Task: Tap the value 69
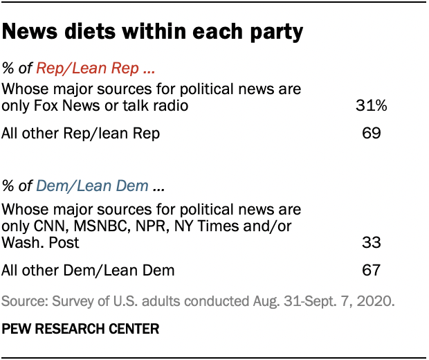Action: click(371, 132)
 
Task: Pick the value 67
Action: click(371, 270)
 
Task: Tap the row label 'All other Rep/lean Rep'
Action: click(81, 132)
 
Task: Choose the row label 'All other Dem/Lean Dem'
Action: click(86, 270)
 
